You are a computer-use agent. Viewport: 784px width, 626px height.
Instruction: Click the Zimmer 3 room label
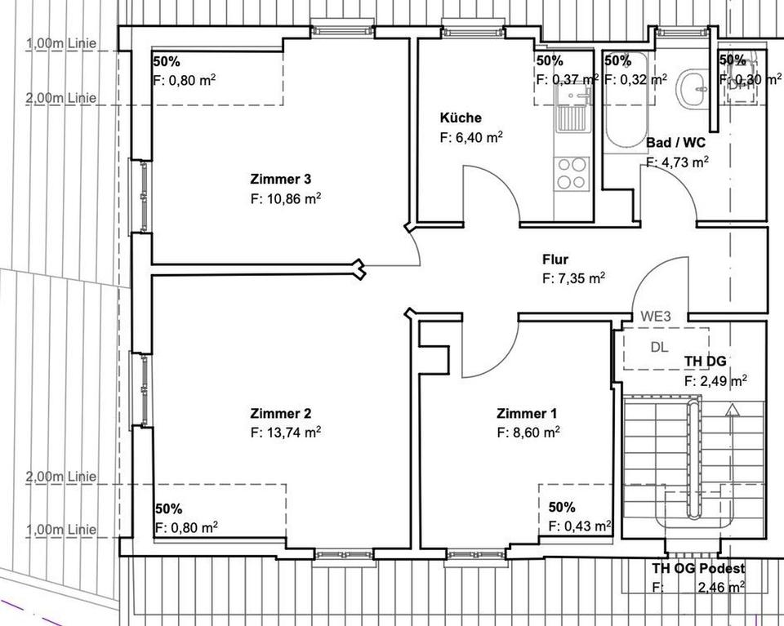coord(280,179)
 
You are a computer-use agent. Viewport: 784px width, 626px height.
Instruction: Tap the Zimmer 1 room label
coord(528,413)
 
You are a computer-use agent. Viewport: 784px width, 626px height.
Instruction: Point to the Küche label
coord(461,118)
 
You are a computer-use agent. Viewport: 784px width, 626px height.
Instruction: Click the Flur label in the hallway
coord(555,260)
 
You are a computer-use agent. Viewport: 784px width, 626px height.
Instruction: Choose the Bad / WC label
coord(676,143)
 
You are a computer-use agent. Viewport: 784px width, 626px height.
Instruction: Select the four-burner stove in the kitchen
coord(572,172)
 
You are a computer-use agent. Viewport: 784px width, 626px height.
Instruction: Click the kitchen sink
coord(571,110)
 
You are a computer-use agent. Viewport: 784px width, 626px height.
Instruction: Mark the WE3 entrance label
coord(655,316)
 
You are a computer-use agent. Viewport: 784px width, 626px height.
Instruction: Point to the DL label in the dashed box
coord(659,347)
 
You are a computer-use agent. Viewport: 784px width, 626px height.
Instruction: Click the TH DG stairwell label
coord(705,362)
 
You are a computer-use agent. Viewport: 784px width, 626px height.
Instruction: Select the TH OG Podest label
coord(697,568)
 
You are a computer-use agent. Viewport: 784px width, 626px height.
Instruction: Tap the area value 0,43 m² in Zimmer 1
coord(580,525)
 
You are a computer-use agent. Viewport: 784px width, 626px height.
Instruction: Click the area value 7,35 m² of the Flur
coord(573,278)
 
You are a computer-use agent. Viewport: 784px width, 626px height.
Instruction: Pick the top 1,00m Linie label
coord(60,44)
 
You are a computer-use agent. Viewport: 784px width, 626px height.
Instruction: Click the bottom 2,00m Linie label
coord(60,476)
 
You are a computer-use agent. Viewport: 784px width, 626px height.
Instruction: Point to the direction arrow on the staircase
coord(733,410)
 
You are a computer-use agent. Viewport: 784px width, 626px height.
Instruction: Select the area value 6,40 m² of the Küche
coord(470,137)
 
